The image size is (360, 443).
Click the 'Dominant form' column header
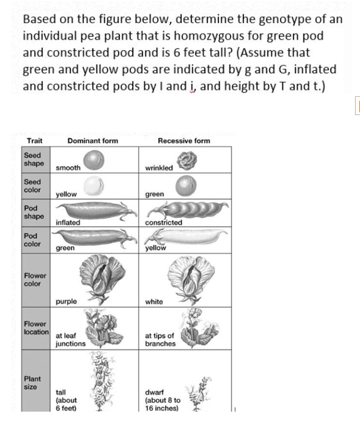[92, 141]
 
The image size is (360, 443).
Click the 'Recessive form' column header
[183, 141]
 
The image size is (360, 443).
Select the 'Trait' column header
[35, 141]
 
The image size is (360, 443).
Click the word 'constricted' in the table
[163, 223]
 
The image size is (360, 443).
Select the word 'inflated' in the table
[68, 223]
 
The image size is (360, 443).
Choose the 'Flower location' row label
[36, 329]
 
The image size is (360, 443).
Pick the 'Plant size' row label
[31, 382]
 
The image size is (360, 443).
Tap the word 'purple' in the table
[67, 302]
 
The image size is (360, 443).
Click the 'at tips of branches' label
[160, 340]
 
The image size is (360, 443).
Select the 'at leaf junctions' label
[70, 340]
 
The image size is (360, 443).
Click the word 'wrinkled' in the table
[159, 167]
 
